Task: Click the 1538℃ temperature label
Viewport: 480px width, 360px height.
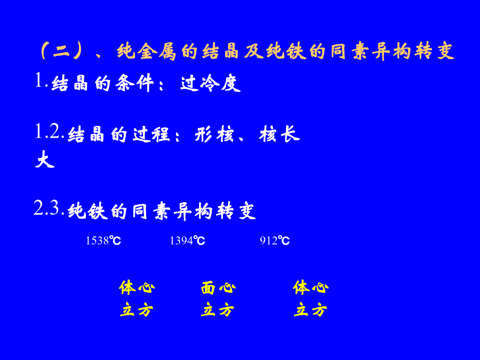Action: (x=103, y=241)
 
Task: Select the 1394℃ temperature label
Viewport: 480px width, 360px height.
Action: (x=187, y=241)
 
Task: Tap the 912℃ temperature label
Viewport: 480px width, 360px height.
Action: (x=275, y=241)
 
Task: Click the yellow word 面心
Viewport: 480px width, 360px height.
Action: (x=218, y=288)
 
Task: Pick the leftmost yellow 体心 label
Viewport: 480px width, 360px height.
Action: (x=137, y=287)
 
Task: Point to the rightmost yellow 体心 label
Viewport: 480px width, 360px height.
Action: (x=311, y=287)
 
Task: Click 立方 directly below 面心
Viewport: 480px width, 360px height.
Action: (x=218, y=309)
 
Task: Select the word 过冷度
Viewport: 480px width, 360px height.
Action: (x=211, y=83)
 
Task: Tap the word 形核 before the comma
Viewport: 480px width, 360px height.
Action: (x=214, y=134)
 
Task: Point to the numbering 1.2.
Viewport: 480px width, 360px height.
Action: (x=49, y=132)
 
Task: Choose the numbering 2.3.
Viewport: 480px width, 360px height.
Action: (x=49, y=208)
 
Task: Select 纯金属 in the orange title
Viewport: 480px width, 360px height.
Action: (x=147, y=51)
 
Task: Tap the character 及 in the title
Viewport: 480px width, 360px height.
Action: (x=254, y=51)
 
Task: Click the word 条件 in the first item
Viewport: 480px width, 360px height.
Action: (x=134, y=83)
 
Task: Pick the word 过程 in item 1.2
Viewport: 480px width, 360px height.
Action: (x=151, y=134)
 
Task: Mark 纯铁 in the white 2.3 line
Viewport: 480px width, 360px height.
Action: (x=88, y=211)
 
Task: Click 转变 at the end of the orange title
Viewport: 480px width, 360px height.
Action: (x=434, y=51)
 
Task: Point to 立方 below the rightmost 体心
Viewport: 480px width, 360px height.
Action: (x=310, y=309)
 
